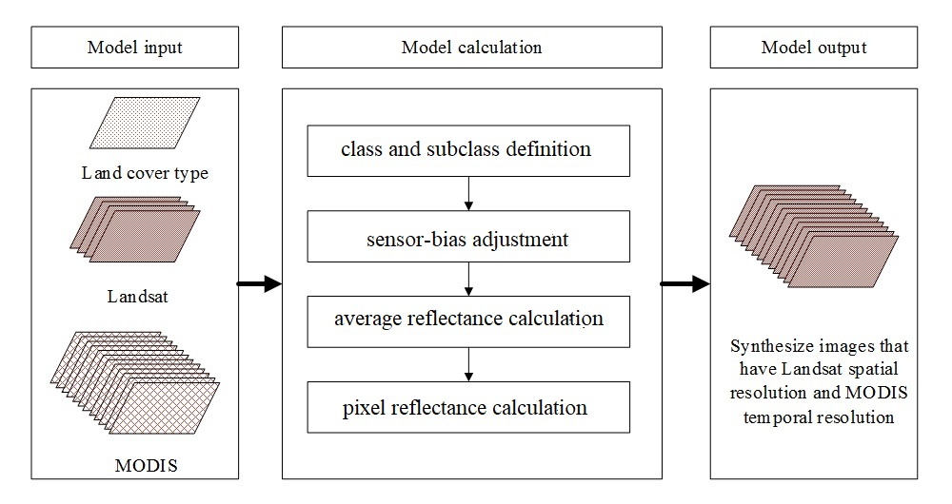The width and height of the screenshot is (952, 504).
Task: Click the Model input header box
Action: [134, 48]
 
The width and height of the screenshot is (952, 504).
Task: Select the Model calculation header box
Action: [471, 48]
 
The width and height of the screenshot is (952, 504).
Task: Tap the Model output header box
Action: [813, 48]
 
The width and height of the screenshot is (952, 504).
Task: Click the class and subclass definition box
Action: [467, 149]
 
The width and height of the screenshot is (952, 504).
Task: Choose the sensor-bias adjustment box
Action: [467, 239]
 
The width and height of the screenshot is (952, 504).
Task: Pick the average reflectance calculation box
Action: [467, 319]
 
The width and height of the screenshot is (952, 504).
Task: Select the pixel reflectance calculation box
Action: [467, 408]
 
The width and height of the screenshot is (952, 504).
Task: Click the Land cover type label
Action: [145, 173]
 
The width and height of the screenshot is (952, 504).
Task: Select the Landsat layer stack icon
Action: [135, 229]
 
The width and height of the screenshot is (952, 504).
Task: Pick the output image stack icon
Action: [813, 232]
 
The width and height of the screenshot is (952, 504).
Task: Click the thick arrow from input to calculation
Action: [259, 283]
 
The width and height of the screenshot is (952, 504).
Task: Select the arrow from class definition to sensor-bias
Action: [468, 193]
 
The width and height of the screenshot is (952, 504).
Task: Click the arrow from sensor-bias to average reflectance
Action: [468, 279]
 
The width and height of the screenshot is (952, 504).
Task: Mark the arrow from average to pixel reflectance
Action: [468, 363]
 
